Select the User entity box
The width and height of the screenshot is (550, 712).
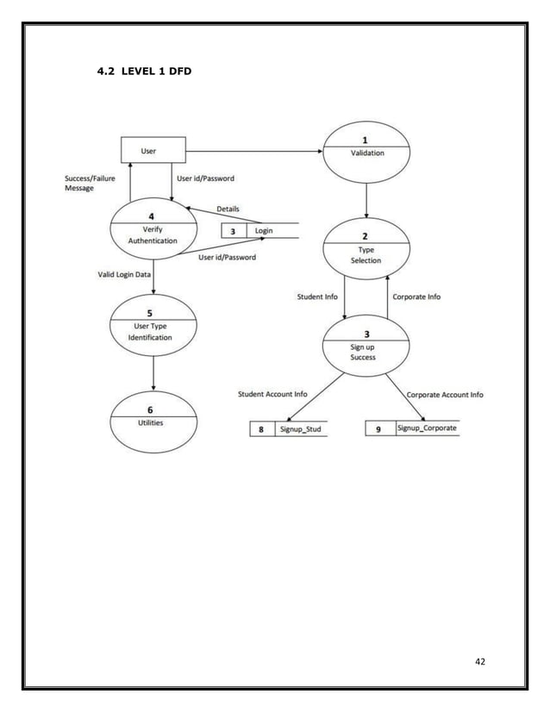151,150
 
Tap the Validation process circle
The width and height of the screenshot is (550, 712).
366,152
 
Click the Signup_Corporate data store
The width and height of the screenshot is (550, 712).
412,428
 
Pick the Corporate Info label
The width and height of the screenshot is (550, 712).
416,297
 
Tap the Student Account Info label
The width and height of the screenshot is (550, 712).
272,395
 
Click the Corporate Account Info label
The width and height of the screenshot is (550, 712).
444,395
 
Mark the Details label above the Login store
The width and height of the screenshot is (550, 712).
228,209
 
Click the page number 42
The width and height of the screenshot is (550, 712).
481,661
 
